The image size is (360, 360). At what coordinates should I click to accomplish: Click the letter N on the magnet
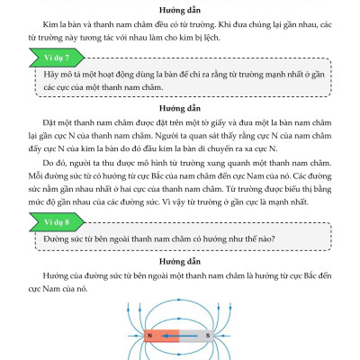coord(148,337)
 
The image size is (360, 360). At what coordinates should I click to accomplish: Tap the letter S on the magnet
coord(208,337)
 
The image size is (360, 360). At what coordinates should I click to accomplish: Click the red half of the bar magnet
coord(160,337)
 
